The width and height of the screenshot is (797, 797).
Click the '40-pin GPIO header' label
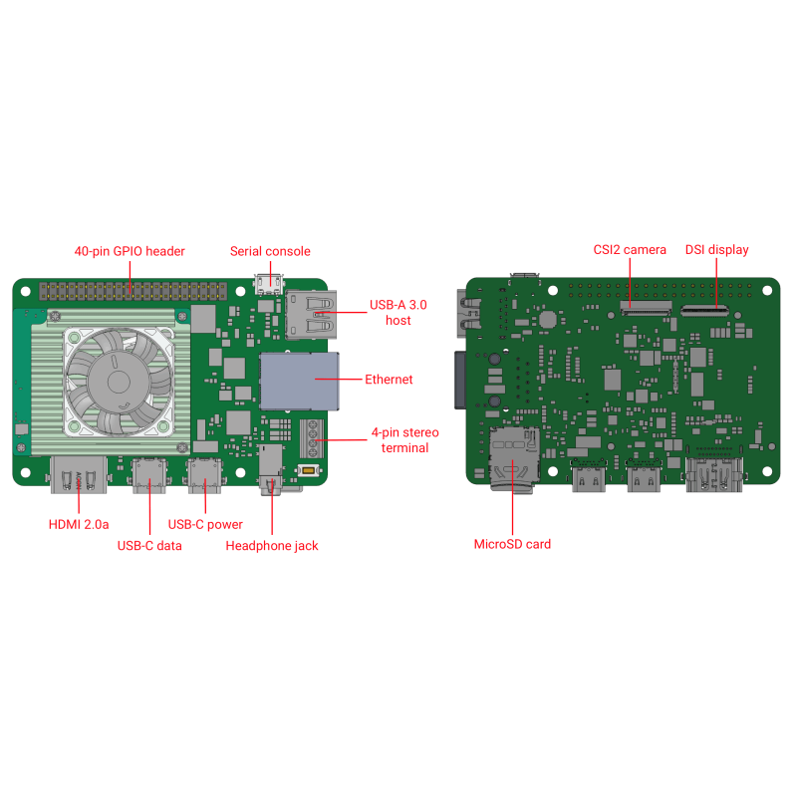click(131, 251)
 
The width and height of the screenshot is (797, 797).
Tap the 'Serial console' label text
click(270, 251)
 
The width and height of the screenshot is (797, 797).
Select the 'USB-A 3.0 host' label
click(398, 312)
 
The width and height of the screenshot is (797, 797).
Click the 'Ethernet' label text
click(389, 380)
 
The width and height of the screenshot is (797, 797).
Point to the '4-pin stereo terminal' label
click(404, 440)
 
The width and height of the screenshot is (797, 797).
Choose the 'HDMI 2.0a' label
click(79, 524)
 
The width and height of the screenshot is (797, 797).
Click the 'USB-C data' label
click(149, 545)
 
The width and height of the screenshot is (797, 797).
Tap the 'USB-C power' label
click(205, 524)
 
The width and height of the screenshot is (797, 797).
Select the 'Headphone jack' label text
click(272, 545)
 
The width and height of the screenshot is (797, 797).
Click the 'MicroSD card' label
click(512, 544)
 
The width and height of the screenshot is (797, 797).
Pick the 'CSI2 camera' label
click(630, 249)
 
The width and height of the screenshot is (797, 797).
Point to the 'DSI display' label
click(716, 249)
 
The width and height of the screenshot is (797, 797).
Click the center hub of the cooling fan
click(113, 381)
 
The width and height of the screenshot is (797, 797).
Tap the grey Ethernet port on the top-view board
click(300, 381)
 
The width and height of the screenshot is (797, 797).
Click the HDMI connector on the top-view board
click(79, 474)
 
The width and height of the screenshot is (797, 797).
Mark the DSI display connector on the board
click(704, 311)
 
